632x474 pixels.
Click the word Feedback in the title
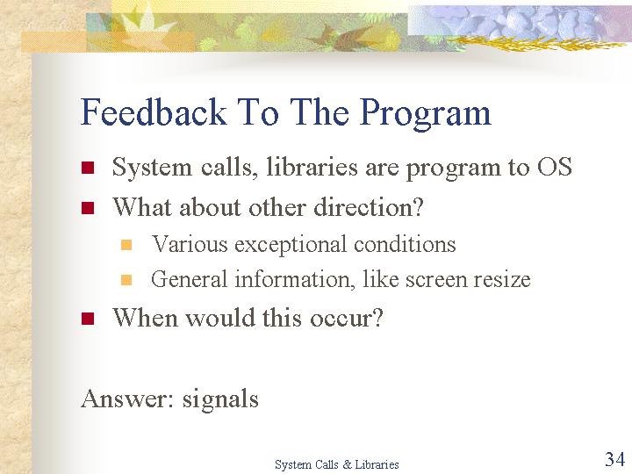point(154,111)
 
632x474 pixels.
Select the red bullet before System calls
point(88,168)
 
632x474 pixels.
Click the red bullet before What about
point(88,208)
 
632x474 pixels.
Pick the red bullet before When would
point(88,319)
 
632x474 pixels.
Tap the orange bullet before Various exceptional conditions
point(126,245)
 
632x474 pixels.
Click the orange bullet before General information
point(126,280)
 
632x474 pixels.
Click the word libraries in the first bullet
point(312,167)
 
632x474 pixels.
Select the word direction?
point(369,207)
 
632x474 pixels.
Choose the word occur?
point(346,319)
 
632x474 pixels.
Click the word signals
point(220,400)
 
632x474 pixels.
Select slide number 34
point(614,459)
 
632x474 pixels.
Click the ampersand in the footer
point(347,464)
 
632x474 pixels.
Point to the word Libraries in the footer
point(377,464)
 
